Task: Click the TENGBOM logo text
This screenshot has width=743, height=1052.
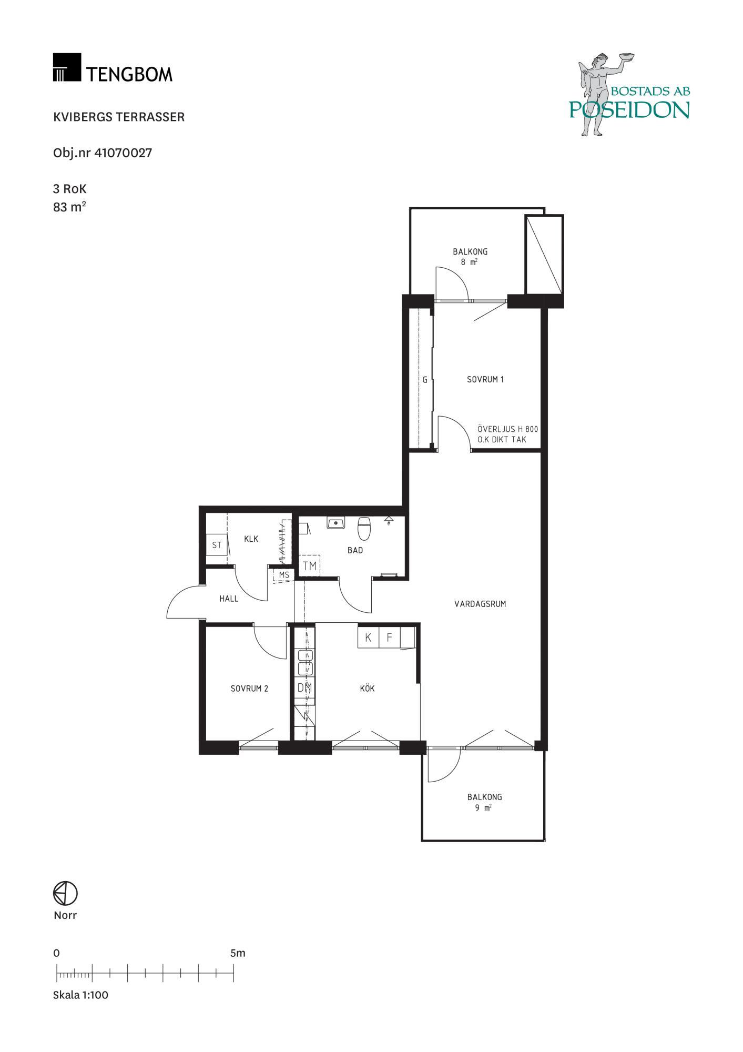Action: click(129, 74)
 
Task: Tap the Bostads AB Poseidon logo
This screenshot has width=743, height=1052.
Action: click(629, 95)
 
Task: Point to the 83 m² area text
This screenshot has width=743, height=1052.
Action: click(69, 207)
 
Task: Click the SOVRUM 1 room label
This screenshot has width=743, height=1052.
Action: click(485, 379)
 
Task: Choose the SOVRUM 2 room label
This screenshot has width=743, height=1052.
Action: click(250, 689)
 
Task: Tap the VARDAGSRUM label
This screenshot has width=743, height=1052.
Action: click(480, 604)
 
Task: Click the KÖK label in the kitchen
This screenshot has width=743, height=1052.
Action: click(368, 688)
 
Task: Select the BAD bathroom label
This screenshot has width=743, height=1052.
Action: click(355, 550)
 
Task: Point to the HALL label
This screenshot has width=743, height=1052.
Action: click(229, 599)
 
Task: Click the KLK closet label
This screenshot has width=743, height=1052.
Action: click(251, 539)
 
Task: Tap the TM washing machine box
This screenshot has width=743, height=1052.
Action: click(310, 565)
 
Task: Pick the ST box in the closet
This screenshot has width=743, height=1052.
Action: click(217, 545)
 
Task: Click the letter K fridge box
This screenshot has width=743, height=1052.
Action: click(368, 638)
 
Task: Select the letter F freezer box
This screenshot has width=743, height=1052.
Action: click(390, 638)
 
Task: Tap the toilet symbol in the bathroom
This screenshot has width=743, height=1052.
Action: click(364, 529)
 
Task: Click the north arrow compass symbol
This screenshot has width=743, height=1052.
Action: click(65, 893)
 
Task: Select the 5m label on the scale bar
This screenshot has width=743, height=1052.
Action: click(238, 953)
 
